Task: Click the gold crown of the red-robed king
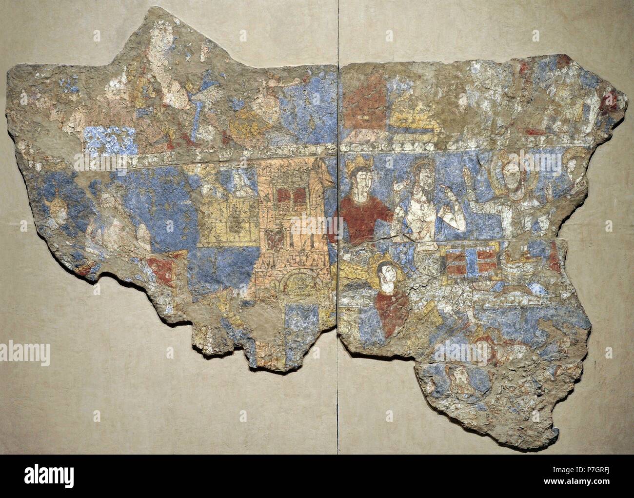pos(358,162)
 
